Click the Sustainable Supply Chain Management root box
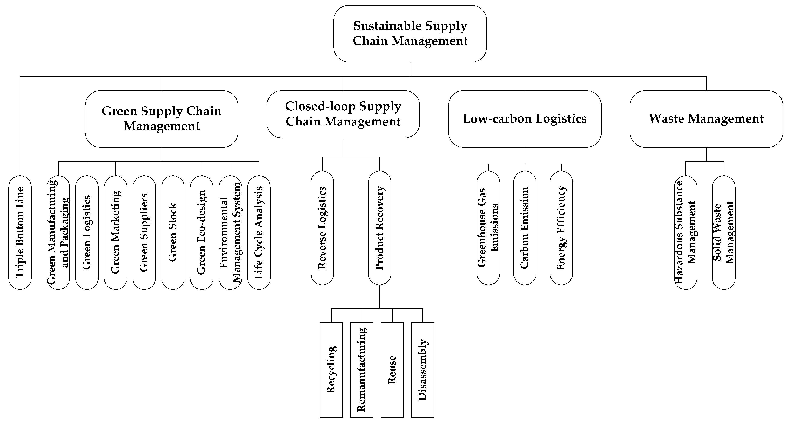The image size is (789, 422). pyautogui.click(x=410, y=34)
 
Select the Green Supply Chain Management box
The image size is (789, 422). pyautogui.click(x=162, y=119)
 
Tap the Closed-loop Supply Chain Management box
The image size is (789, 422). pyautogui.click(x=343, y=114)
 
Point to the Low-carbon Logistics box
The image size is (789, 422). pyautogui.click(x=525, y=119)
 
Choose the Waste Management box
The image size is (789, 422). pyautogui.click(x=706, y=119)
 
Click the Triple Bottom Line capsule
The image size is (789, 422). pyautogui.click(x=20, y=232)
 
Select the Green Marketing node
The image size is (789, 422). pyautogui.click(x=116, y=232)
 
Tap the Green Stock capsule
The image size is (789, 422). pyautogui.click(x=173, y=232)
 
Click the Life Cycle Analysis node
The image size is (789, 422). pyautogui.click(x=259, y=232)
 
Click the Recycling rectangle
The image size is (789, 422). pyautogui.click(x=331, y=370)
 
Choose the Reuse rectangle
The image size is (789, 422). pyautogui.click(x=392, y=370)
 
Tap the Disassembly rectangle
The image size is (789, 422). pyautogui.click(x=422, y=370)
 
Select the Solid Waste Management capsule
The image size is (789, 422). pyautogui.click(x=723, y=232)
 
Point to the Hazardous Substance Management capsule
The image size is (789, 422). pyautogui.click(x=685, y=232)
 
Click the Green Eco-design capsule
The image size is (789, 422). pyautogui.click(x=202, y=232)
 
